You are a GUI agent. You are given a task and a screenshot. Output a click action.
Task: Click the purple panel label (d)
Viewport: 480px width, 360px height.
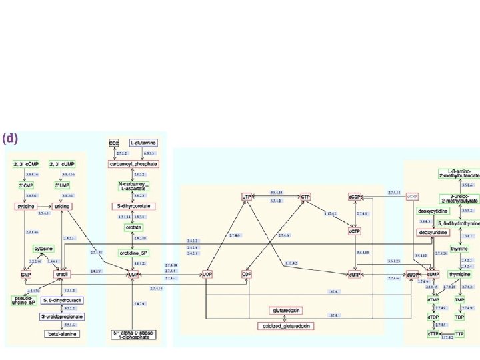tap(10, 139)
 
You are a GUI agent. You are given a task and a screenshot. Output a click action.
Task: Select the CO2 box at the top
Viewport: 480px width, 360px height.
tap(114, 143)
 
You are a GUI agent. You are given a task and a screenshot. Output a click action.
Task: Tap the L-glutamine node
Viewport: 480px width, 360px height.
tap(143, 143)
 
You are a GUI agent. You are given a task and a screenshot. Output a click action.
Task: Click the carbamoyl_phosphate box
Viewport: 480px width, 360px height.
tap(133, 163)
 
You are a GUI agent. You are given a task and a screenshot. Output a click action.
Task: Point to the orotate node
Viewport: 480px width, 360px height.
tap(133, 227)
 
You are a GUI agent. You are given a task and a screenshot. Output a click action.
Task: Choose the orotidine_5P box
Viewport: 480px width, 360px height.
tap(133, 253)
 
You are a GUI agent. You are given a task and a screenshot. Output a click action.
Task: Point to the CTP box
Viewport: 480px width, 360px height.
tap(305, 197)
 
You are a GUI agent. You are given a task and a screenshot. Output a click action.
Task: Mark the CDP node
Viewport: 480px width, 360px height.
tap(247, 274)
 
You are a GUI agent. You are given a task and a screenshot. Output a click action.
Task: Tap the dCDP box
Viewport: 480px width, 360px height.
tap(355, 197)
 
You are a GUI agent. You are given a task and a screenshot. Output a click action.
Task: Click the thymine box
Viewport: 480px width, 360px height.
tap(459, 249)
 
